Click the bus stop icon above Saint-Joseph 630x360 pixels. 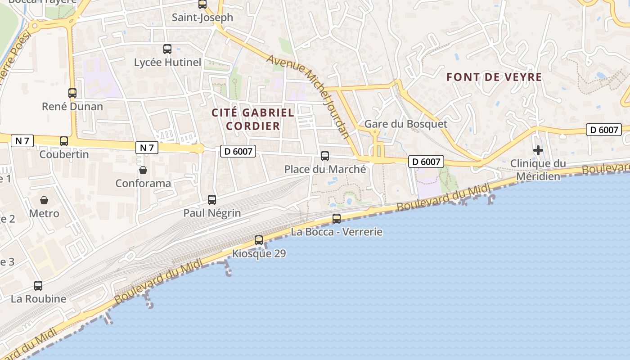tap(202, 4)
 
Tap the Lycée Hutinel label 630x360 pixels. tap(167, 63)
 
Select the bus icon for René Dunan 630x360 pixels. tap(72, 93)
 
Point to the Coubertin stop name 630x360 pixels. tap(64, 154)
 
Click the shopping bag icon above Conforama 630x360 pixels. tap(143, 170)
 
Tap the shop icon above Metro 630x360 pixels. tap(44, 200)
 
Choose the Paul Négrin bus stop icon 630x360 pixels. tap(212, 199)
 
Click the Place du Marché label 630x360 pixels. tap(325, 170)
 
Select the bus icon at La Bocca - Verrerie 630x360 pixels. tap(337, 219)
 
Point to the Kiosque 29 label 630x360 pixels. tap(259, 254)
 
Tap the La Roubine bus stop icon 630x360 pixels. tap(38, 285)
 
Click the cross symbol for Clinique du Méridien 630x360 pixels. tap(538, 150)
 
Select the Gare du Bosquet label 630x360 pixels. tap(405, 124)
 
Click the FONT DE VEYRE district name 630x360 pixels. tap(494, 77)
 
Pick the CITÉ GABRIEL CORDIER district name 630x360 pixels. tap(253, 119)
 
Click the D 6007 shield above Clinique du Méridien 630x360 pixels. tap(603, 130)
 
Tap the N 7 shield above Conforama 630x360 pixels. tap(147, 148)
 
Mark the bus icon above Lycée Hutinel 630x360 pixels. tap(167, 49)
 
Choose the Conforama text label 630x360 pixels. tap(143, 184)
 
